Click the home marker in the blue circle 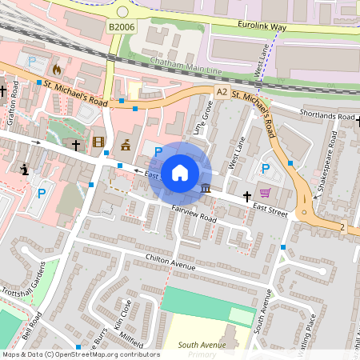180,172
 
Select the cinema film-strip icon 98,143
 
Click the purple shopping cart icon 265,193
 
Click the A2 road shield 222,93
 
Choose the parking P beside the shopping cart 265,169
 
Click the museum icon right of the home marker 207,189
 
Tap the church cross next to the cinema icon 76,145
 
